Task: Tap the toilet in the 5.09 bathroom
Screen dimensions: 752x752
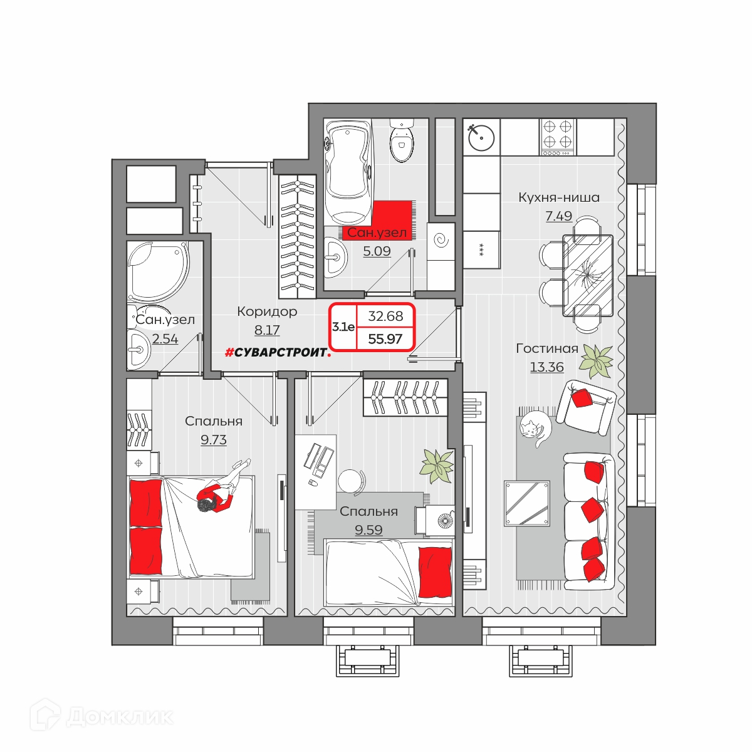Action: click(x=402, y=140)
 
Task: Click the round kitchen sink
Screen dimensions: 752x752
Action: click(x=481, y=137)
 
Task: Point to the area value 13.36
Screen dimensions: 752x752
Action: click(x=546, y=367)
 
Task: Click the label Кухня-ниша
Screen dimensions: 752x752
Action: click(x=559, y=197)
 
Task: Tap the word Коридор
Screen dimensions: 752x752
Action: click(x=267, y=311)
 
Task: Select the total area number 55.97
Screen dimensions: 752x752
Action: click(x=385, y=339)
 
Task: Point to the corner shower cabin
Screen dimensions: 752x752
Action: click(x=159, y=271)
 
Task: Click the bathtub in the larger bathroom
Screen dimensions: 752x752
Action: click(x=348, y=172)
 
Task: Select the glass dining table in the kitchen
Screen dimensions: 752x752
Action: click(x=587, y=275)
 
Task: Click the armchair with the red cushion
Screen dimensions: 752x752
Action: click(x=586, y=407)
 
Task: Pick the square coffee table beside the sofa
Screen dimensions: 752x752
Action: click(x=527, y=503)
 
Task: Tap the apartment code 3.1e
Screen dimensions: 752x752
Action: click(x=343, y=327)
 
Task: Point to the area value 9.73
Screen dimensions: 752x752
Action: click(x=214, y=440)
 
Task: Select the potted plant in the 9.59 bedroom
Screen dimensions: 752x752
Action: click(x=437, y=466)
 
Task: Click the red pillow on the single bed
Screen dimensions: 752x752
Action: click(x=435, y=573)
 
